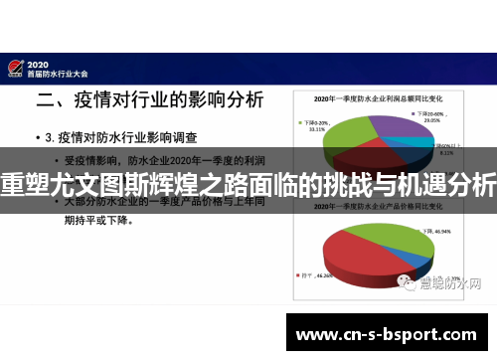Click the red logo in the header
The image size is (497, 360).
(x=15, y=66)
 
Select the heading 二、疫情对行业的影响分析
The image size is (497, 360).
(x=150, y=99)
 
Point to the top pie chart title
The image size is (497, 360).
(x=378, y=100)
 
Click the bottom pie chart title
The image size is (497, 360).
(x=378, y=211)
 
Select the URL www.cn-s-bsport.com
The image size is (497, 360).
(x=388, y=334)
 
